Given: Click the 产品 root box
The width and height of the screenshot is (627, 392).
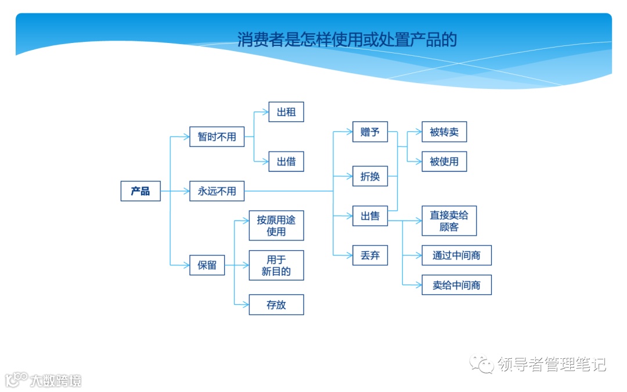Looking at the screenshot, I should point(140,191).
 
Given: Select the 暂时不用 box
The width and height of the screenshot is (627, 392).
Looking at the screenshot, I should point(217,137).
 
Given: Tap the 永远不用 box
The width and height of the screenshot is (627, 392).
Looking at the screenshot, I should point(217,191).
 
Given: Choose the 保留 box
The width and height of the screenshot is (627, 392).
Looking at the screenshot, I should point(207,265).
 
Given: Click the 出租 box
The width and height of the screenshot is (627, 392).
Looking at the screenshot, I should point(286,112).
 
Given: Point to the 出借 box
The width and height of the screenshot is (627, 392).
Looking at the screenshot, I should point(286,161).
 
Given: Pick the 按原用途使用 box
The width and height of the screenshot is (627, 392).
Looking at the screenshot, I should point(276,225).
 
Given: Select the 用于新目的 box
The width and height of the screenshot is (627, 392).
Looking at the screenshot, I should point(276,265).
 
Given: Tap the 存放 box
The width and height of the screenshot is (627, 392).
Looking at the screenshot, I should point(276,305).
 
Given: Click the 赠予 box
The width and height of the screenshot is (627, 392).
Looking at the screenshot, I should point(370,132).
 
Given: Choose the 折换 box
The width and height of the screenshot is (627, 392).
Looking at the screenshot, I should point(370,176).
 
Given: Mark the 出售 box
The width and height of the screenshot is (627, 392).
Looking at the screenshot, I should point(370,216).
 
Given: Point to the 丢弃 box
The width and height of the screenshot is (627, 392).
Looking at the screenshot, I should point(370,255).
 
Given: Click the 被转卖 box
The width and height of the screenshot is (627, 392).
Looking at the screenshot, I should point(444,132).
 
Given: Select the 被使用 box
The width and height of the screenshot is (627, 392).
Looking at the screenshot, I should point(444,161).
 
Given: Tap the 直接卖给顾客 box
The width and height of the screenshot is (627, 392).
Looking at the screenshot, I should point(449,221).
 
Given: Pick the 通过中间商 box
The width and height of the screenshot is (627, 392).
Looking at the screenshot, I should point(456,255).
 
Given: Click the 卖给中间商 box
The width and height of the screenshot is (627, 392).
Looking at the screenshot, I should point(456,285).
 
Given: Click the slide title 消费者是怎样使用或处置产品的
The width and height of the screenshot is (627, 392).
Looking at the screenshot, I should point(347,39).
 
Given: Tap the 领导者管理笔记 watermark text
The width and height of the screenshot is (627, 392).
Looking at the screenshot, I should point(552,365).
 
